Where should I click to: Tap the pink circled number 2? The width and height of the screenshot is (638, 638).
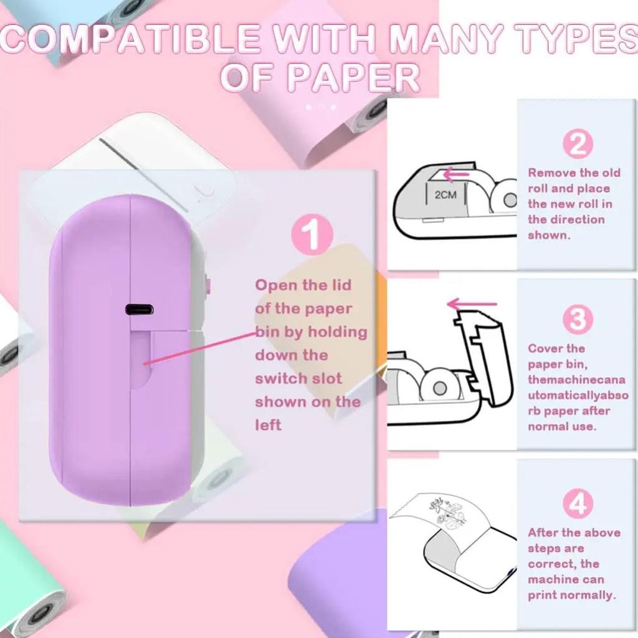point(577,144)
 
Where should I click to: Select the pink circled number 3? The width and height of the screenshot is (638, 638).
point(577,320)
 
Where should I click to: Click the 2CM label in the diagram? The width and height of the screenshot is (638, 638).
point(445,195)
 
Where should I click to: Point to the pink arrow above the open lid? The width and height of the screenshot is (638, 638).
point(472,304)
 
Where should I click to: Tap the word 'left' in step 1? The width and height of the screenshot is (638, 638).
point(268,425)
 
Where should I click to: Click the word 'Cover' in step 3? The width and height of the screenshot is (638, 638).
point(547,348)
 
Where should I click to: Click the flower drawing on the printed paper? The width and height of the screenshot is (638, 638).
point(447,512)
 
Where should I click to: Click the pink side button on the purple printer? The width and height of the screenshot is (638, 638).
point(207,286)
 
